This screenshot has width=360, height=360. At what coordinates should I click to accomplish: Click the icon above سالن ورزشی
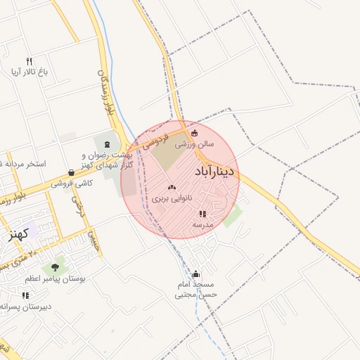tap(195, 134)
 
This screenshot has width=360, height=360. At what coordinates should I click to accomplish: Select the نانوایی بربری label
tap(170, 199)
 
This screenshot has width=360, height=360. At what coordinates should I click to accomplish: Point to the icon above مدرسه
tap(202, 213)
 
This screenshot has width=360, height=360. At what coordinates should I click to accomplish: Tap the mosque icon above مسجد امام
tap(195, 274)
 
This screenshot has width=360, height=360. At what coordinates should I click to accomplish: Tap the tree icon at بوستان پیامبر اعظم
tap(55, 266)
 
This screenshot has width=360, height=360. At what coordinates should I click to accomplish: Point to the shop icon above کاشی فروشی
tap(72, 172)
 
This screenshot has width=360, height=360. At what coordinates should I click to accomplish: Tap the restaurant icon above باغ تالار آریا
tap(29, 60)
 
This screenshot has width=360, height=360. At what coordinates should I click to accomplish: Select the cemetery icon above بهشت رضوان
tap(108, 144)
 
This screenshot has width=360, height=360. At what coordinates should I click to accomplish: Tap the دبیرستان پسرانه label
tap(25, 307)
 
